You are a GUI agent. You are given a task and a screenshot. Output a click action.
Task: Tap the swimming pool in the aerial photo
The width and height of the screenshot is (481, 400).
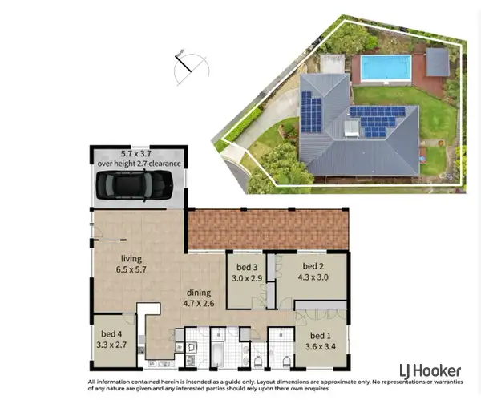click(x=385, y=67)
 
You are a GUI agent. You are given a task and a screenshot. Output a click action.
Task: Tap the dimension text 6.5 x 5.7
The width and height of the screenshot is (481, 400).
click(x=131, y=270)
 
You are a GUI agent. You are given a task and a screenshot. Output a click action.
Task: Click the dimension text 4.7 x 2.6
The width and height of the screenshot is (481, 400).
click(x=198, y=304)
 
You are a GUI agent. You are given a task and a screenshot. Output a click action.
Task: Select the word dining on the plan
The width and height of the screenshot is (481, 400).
click(x=198, y=293)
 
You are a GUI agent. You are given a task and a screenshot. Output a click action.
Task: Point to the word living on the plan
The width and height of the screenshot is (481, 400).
click(x=131, y=259)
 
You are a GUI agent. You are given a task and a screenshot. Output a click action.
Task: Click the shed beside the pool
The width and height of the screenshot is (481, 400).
click(x=437, y=62)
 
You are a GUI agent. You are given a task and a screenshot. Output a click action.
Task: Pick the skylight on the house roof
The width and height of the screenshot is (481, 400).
click(x=352, y=127)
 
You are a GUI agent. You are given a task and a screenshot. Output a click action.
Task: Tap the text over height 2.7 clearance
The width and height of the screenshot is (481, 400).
click(x=139, y=163)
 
